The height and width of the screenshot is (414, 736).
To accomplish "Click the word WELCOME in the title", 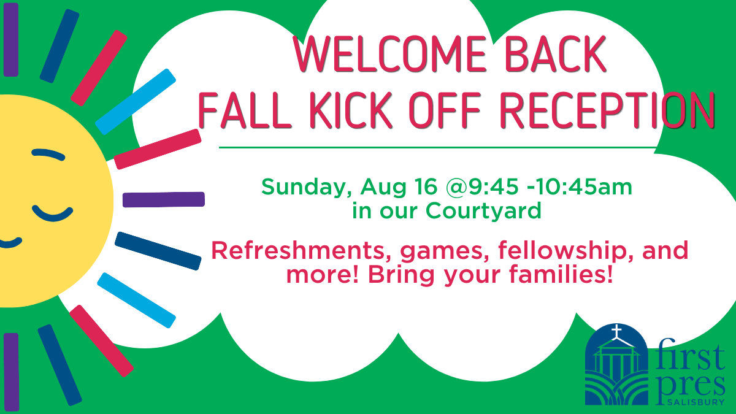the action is click(389, 54).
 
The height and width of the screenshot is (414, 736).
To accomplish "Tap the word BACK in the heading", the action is click(556, 54).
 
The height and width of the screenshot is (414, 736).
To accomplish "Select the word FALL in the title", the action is click(245, 110).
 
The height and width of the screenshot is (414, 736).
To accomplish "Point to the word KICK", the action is click(351, 110).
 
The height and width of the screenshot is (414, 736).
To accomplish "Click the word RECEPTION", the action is click(607, 110).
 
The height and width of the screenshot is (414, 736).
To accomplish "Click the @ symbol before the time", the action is click(457, 187).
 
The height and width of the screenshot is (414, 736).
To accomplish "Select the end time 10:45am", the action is click(583, 186).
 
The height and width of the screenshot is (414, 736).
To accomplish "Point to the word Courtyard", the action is click(483, 211).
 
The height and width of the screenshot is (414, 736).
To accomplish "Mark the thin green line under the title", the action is click(438, 148).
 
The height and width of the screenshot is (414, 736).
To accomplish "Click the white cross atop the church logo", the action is click(617, 331).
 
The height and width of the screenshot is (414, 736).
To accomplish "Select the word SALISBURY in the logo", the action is click(696, 402).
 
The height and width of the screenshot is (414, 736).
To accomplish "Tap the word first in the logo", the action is click(689, 356).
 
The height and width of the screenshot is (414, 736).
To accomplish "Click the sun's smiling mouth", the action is click(10, 243).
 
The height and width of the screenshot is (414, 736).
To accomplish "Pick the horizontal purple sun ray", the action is click(164, 199).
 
